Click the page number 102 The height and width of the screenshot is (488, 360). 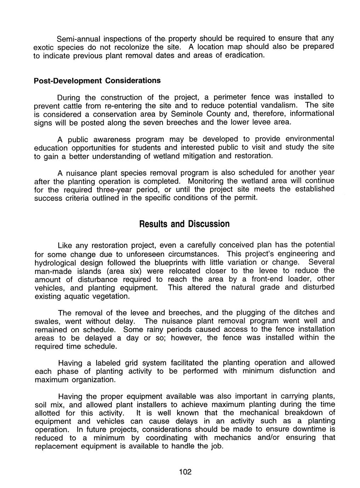tap(185, 472)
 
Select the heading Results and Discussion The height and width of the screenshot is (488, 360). tap(184, 224)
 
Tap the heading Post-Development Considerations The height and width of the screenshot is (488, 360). tap(97, 81)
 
